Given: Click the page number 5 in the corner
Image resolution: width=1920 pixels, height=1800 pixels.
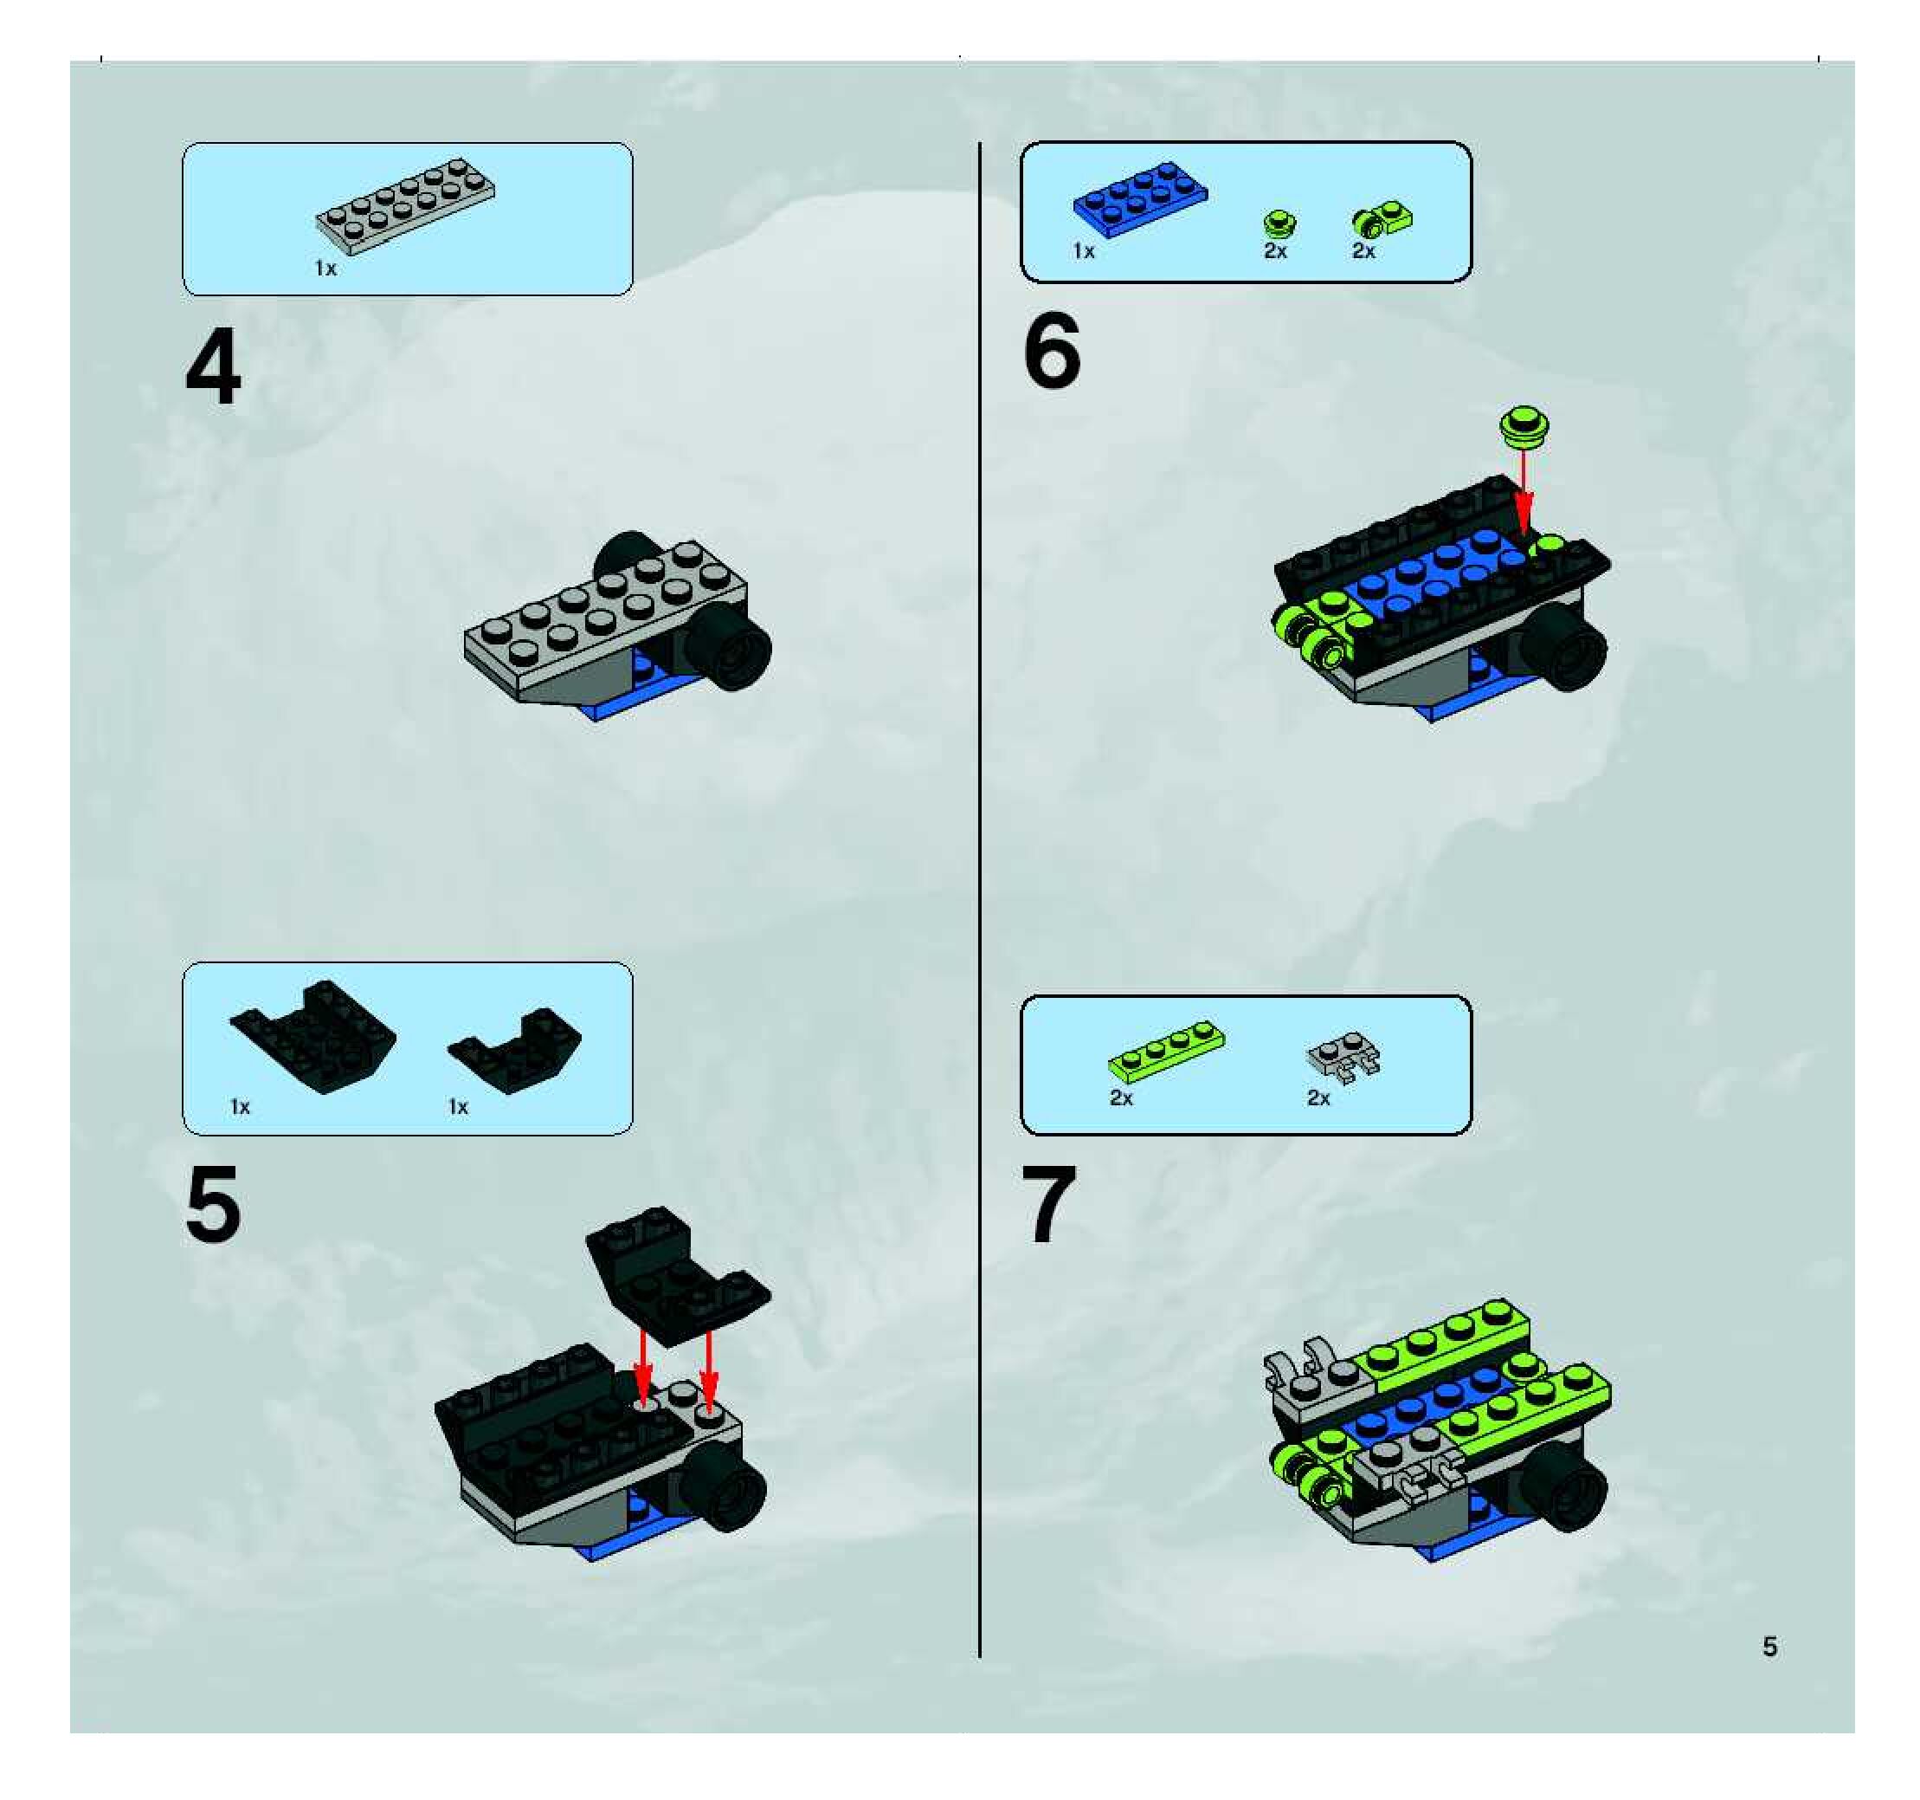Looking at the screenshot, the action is [x=1769, y=1647].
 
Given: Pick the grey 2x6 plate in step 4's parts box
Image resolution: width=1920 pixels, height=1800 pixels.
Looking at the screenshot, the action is [x=406, y=206].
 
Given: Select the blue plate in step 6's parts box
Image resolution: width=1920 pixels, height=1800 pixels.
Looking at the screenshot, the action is [x=1140, y=200].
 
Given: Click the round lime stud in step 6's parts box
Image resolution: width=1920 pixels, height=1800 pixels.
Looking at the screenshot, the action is [x=1279, y=224].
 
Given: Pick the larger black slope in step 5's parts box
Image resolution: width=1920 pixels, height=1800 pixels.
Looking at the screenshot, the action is [x=312, y=1037].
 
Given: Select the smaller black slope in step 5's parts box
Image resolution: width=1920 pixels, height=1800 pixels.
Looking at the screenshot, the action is [x=515, y=1050].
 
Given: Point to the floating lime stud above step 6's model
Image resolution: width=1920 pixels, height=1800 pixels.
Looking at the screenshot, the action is [x=1525, y=426].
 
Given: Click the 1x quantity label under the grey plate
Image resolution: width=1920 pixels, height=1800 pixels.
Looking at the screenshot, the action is [x=325, y=268].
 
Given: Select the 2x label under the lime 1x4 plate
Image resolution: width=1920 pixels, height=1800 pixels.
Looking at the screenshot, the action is [x=1120, y=1097].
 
